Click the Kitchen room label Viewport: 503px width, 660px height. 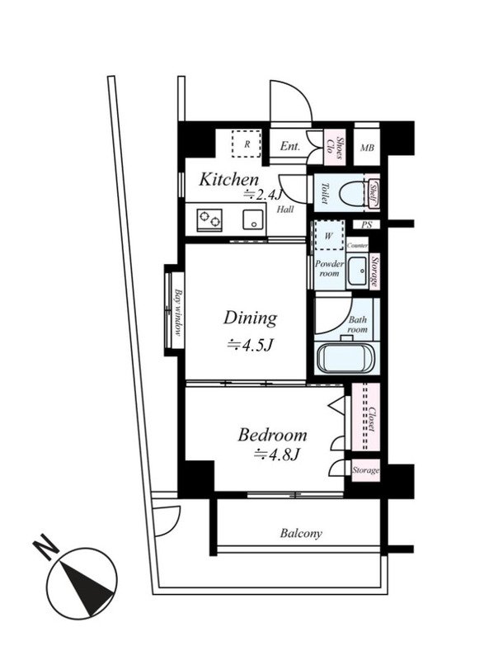[228, 180]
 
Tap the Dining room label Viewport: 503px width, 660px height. [250, 318]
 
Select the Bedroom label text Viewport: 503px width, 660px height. [272, 435]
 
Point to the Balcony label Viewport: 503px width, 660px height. [301, 534]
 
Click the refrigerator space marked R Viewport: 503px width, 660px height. [247, 144]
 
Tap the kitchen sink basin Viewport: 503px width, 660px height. [253, 219]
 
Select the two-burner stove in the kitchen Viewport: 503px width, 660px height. [209, 219]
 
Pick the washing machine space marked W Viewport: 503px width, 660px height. [328, 236]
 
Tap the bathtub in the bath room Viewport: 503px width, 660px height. [345, 358]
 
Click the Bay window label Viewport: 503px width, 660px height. [178, 312]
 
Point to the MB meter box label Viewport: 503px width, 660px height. [367, 148]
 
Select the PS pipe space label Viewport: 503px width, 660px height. [367, 224]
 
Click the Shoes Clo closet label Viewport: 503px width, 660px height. [334, 146]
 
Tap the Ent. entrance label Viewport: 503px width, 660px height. [290, 146]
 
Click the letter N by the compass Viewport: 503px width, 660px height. [45, 547]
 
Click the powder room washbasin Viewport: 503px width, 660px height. [357, 271]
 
